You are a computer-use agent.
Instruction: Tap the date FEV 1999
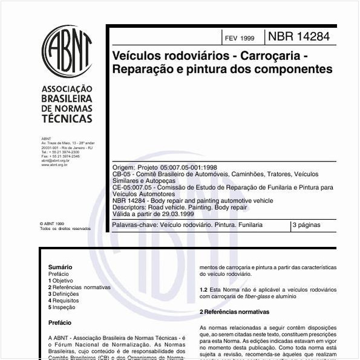239,38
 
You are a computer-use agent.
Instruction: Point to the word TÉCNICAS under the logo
67,119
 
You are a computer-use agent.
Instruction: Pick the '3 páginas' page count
306,225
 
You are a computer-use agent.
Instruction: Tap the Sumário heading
60,267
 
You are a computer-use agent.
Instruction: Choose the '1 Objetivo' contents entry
61,281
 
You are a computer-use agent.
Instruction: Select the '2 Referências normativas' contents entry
79,287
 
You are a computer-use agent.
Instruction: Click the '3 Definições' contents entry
64,294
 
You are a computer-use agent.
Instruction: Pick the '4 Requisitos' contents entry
64,301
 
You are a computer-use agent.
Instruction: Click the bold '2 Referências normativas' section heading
234,312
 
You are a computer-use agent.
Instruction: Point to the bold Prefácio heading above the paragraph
59,323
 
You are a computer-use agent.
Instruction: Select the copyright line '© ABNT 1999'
51,223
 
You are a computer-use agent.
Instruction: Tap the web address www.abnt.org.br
54,165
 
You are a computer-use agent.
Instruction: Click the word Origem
123,167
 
